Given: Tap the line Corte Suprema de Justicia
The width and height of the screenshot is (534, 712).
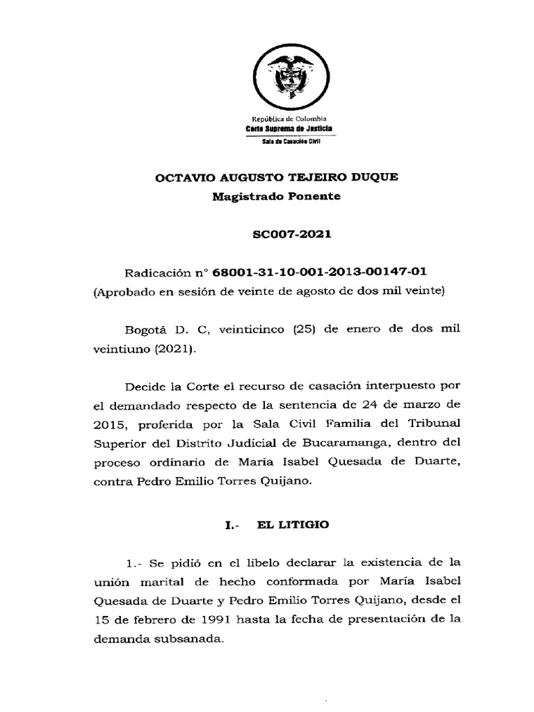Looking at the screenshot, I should coord(289,130).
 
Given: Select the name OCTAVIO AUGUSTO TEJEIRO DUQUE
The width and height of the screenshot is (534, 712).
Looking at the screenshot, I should coord(276,177).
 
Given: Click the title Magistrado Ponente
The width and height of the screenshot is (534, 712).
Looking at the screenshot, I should coord(276,196).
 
